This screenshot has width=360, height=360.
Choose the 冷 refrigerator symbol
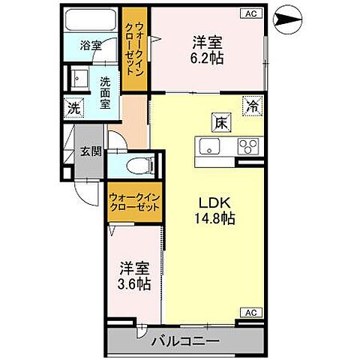(253, 106)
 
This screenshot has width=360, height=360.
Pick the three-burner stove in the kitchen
(247, 145)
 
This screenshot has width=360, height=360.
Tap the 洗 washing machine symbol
(73, 107)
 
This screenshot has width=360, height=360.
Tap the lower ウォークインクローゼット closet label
(135, 202)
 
